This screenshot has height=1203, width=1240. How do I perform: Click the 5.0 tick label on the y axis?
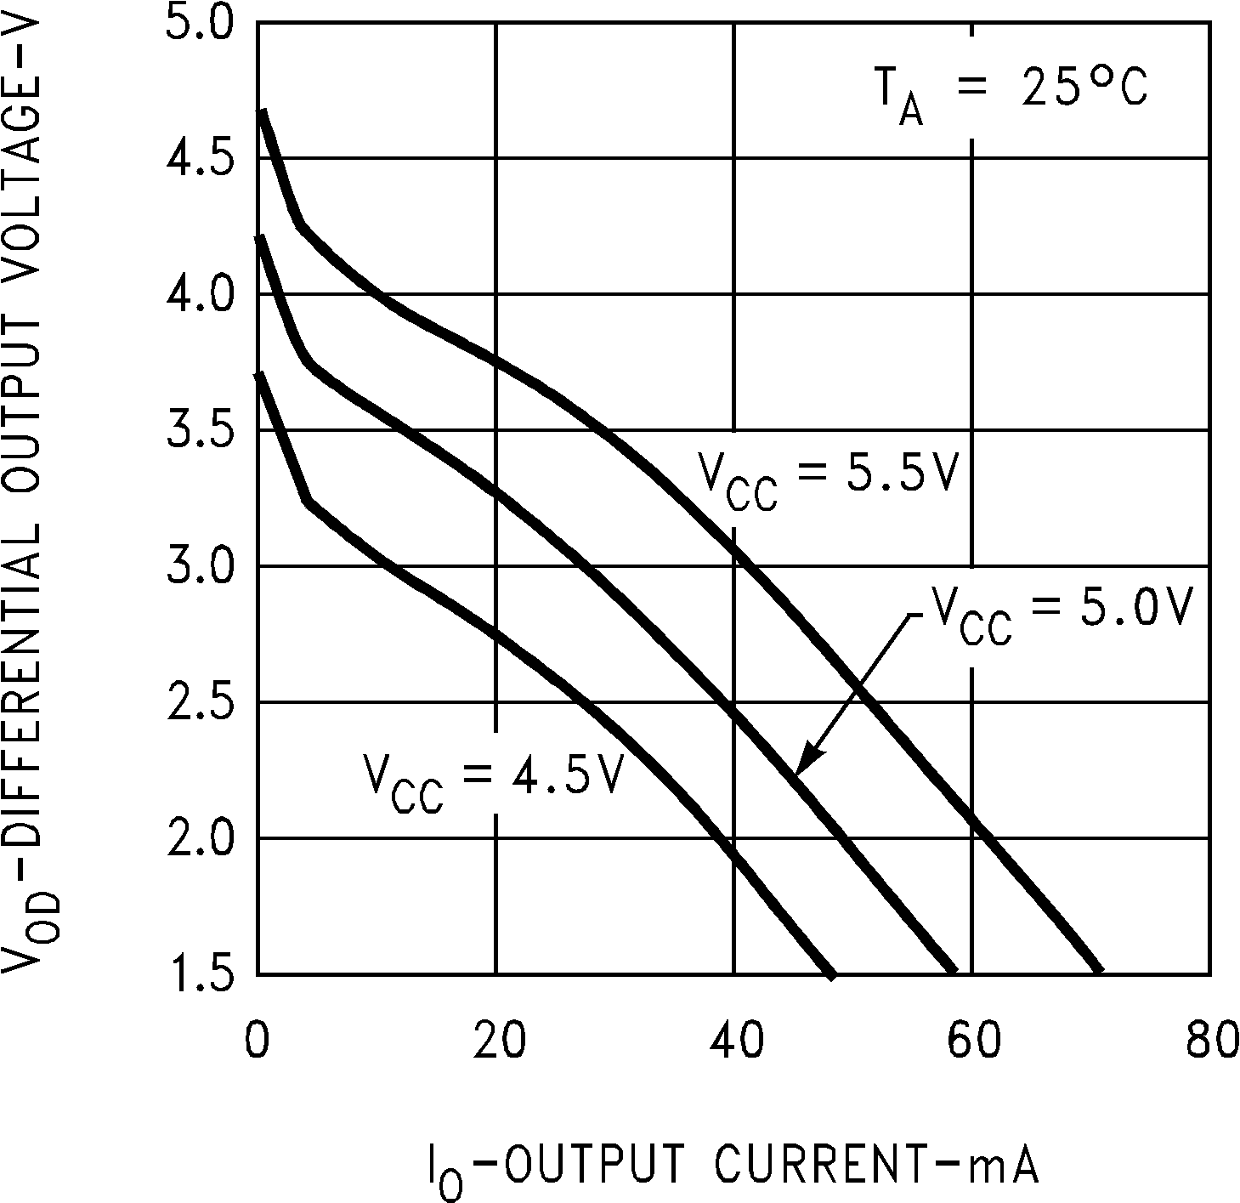[x=197, y=23]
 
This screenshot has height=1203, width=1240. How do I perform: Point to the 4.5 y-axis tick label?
[x=197, y=159]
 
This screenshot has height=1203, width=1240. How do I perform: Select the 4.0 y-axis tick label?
[x=197, y=295]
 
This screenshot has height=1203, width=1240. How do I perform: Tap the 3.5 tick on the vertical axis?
[x=197, y=431]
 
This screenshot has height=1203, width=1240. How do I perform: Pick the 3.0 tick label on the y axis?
[x=197, y=567]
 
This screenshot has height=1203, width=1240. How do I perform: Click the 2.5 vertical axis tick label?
[x=197, y=703]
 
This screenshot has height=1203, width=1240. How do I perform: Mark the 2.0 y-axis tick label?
[x=197, y=839]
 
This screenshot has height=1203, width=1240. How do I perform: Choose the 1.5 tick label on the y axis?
[x=197, y=973]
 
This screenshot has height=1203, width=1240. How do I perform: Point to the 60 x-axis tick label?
[x=972, y=1042]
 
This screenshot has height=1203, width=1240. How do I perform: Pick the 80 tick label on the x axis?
[x=1210, y=1042]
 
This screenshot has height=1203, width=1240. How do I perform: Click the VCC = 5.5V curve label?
[x=828, y=478]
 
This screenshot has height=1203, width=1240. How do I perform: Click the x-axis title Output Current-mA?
[x=732, y=1166]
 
